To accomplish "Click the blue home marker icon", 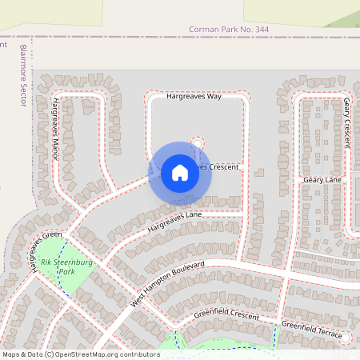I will pos(180,173).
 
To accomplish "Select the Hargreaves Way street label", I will pos(194,96).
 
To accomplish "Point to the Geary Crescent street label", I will pos(346,122).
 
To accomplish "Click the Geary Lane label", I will pos(322,181).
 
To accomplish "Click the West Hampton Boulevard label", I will pos(168,285).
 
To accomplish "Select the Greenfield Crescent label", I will pos(227,317).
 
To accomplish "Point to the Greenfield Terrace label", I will pos(312,329).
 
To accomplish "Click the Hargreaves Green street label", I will pos(45,253).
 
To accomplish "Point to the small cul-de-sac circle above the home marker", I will pos(197,142).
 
